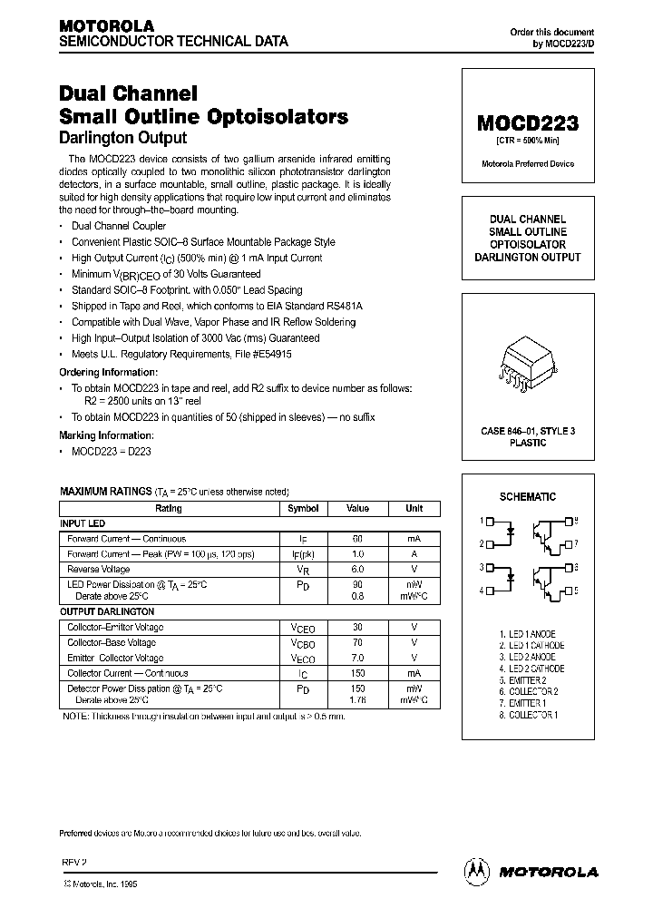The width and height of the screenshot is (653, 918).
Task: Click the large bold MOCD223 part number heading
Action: click(x=527, y=124)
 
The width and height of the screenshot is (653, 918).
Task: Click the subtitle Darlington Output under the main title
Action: click(x=122, y=138)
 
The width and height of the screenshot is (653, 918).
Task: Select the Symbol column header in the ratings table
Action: click(x=303, y=509)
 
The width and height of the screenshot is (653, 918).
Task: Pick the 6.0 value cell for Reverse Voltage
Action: click(x=357, y=569)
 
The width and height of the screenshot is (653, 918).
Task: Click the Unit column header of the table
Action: click(x=414, y=509)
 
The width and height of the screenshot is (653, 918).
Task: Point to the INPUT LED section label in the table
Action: click(x=83, y=523)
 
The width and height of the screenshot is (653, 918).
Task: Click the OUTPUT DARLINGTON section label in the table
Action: click(x=107, y=612)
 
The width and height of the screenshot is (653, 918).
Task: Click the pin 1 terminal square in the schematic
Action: click(x=491, y=522)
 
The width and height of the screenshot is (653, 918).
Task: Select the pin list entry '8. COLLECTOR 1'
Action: click(x=528, y=716)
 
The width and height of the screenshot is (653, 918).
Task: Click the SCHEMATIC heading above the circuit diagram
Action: click(x=527, y=497)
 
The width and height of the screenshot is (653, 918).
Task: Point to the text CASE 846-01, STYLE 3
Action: click(x=527, y=431)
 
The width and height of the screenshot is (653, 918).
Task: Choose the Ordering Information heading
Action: click(x=108, y=372)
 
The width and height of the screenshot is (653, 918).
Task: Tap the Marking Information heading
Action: click(x=104, y=435)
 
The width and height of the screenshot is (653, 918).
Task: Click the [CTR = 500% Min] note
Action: click(x=527, y=142)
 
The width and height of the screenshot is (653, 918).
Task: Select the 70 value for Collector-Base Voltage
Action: click(x=357, y=642)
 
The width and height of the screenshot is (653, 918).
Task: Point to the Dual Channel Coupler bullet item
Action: click(x=119, y=226)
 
